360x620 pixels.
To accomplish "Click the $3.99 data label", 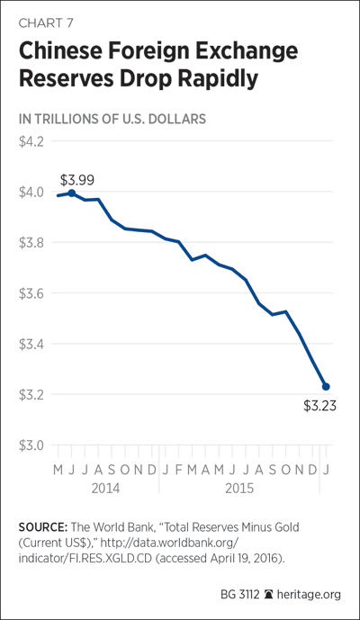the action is click(77, 180).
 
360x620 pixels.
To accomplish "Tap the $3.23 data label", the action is click(319, 406).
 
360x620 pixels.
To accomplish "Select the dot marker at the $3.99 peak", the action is click(72, 193).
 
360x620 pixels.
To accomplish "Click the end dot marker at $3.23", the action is click(326, 386).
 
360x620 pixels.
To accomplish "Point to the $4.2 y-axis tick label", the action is click(31, 141).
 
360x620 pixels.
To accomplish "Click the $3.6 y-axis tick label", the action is click(31, 293).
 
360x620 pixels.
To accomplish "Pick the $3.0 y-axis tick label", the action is click(31, 445).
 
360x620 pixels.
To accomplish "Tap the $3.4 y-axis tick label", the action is click(31, 344).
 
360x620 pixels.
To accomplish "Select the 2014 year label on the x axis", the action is click(105, 488).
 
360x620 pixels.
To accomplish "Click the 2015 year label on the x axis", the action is click(239, 488).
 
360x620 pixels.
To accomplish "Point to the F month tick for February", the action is click(179, 470).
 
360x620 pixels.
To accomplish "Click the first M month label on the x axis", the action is click(58, 470).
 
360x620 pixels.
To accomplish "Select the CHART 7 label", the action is click(46, 22).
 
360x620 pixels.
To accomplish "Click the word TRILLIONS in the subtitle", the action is click(73, 119).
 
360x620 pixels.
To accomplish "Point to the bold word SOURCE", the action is click(43, 527).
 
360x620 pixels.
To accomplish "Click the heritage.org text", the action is click(309, 594).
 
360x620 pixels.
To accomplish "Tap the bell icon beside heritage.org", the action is click(268, 594).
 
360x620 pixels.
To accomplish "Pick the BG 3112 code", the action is click(239, 594).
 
